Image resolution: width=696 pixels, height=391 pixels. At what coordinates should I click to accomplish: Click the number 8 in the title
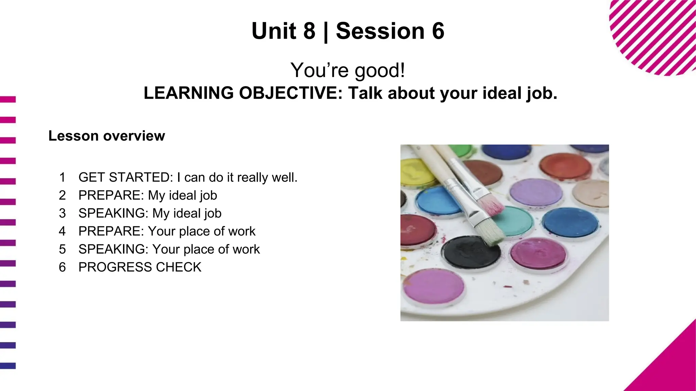pos(309,31)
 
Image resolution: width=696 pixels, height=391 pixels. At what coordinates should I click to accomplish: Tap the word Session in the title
pos(380,31)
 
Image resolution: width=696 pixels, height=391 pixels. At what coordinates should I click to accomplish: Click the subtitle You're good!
pos(348,70)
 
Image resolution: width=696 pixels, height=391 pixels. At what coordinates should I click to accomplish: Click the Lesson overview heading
pos(106,136)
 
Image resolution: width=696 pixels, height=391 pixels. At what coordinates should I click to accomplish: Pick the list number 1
pos(62,178)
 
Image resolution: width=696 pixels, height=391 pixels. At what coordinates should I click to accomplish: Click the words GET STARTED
pos(124,178)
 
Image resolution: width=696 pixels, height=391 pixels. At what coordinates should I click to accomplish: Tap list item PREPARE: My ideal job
pos(147,195)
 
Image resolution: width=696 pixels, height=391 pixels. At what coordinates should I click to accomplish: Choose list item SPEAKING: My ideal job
pos(150,213)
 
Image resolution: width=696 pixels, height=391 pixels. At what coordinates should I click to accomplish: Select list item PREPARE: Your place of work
pos(167,231)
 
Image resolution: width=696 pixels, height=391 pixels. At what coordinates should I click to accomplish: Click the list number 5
pos(62,249)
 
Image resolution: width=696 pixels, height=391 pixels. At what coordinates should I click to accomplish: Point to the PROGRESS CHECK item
pos(140,267)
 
